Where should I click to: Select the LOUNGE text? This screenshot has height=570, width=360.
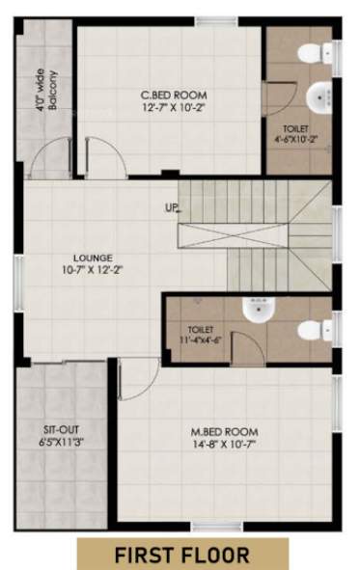point(93,258)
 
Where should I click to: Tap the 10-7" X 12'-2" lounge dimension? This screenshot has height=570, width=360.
point(93,271)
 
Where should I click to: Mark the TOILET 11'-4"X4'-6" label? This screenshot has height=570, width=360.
point(201,335)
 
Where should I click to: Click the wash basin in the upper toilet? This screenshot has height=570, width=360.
point(320,96)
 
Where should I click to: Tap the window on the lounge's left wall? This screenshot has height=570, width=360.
point(16,270)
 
